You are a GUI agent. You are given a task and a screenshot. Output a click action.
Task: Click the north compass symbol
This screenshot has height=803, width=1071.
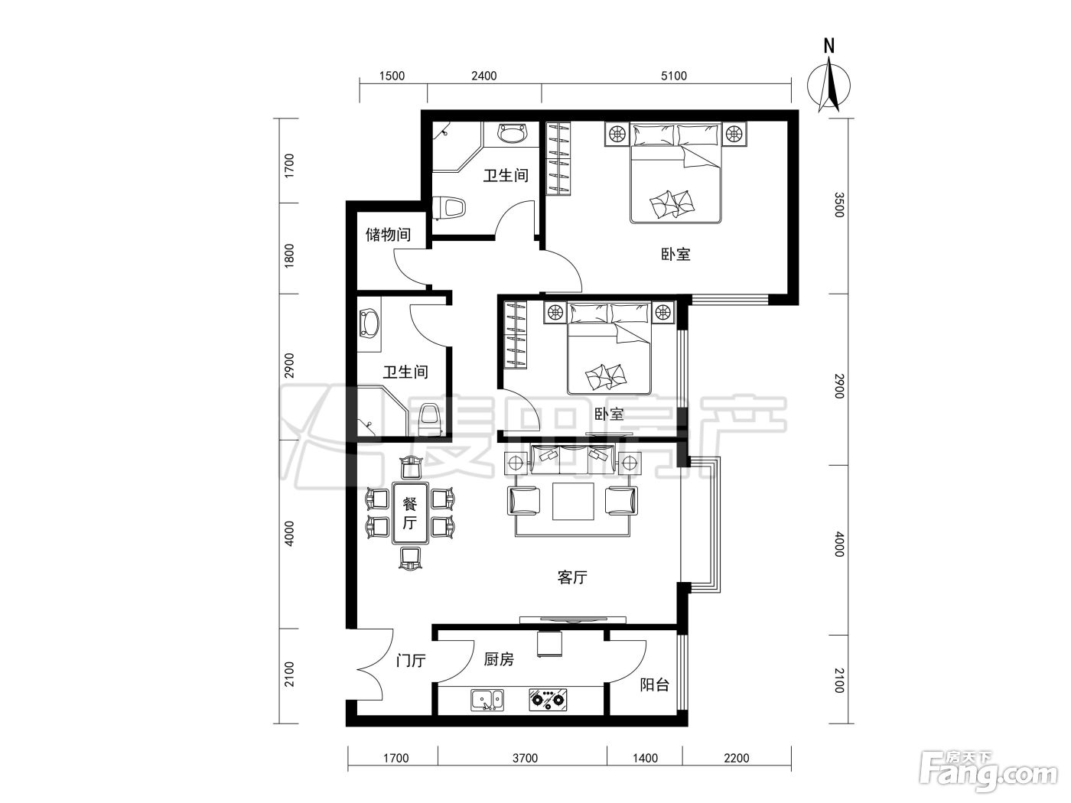828,80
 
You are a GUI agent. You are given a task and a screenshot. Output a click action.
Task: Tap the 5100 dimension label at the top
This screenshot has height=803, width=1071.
674,76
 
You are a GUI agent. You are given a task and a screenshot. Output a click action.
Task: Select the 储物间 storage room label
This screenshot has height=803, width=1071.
389,235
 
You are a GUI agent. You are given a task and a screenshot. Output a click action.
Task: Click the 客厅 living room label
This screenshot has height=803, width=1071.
572,577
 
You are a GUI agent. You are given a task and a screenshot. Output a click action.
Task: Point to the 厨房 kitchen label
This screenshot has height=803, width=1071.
499,659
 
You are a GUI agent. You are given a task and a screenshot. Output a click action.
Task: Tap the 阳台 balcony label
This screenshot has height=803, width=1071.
654,685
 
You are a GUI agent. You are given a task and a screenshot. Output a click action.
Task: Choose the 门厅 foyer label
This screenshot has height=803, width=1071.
411,661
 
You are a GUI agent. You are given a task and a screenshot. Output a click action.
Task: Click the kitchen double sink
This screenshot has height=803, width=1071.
487,700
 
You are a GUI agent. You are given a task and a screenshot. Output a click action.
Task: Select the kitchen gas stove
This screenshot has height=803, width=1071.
549,700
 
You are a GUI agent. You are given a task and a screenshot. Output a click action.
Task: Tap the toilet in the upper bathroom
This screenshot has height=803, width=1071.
449,208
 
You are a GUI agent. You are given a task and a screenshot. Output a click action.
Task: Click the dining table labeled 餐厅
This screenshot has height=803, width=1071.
410,513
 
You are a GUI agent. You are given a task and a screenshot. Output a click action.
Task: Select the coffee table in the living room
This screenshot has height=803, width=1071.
573,501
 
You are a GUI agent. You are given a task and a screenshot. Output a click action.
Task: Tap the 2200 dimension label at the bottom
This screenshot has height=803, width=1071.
736,758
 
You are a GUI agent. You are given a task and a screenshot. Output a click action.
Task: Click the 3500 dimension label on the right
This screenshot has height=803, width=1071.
838,205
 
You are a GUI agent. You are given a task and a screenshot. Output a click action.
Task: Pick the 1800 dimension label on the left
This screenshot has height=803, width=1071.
289,255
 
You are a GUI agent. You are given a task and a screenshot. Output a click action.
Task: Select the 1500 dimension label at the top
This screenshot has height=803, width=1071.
392,76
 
